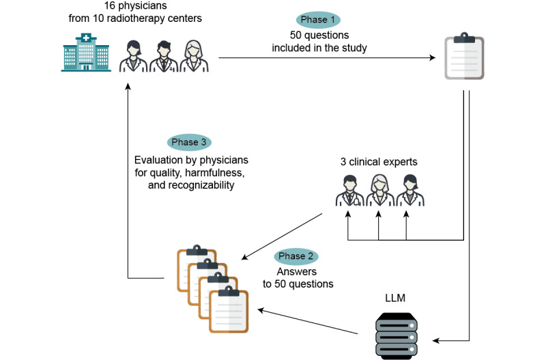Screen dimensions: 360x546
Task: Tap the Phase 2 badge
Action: pos(296,257)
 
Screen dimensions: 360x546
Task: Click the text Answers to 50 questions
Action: pos(297,277)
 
